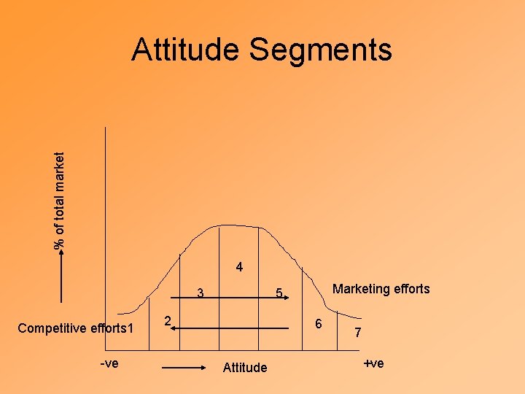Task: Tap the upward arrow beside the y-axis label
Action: pos(62,277)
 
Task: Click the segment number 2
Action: pos(167,320)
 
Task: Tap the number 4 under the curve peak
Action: pos(239,268)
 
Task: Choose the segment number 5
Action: pos(278,294)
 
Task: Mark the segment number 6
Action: pos(316,323)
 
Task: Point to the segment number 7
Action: pos(357,333)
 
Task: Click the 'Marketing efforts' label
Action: pos(381,289)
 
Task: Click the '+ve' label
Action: pos(373,363)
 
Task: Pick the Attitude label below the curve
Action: pos(245,368)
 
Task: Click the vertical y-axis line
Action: pos(106,219)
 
